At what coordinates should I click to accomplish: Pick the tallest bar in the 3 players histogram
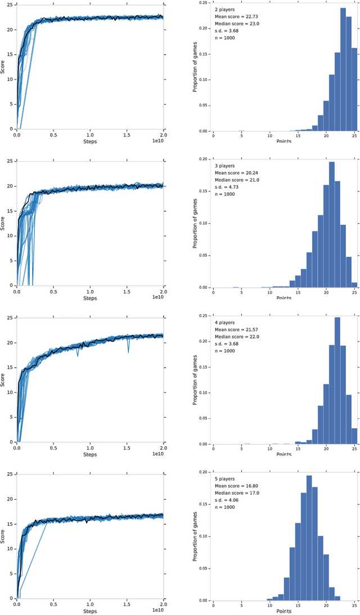click(x=331, y=225)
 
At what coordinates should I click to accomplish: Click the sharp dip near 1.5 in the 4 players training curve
click(x=128, y=352)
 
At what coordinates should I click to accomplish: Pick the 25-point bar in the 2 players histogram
click(x=354, y=89)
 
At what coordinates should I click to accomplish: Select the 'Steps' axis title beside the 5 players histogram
click(x=90, y=611)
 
